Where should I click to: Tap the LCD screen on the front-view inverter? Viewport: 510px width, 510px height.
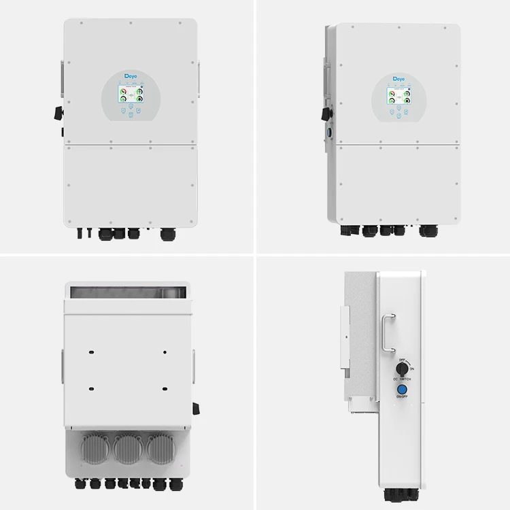131,95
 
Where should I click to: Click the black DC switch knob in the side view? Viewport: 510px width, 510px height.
402,367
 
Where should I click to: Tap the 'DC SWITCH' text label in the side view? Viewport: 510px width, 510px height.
402,379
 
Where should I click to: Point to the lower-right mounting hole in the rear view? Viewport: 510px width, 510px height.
165,387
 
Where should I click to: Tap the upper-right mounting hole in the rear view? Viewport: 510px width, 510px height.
165,353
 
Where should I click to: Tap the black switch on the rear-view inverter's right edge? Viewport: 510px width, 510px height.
197,408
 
